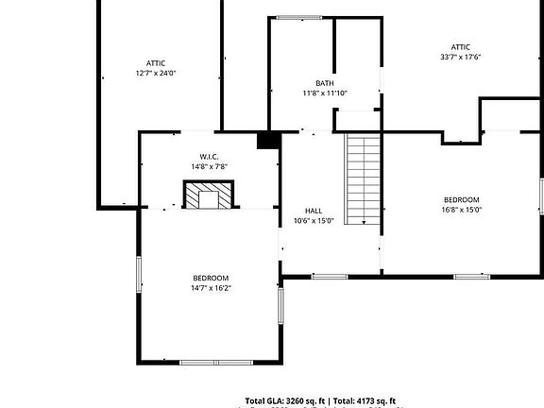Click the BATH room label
(325, 83)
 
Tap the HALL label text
(314, 211)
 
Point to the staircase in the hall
(362, 178)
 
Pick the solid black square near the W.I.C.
(269, 141)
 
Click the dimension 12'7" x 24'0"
(156, 73)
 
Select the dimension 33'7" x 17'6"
(461, 57)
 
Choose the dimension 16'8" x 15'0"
(462, 210)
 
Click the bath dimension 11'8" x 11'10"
(325, 93)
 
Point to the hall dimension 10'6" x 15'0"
(314, 221)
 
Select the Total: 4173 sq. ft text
(365, 400)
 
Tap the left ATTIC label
(156, 62)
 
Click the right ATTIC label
(461, 46)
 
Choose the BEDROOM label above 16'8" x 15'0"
(462, 199)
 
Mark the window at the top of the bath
(298, 17)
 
